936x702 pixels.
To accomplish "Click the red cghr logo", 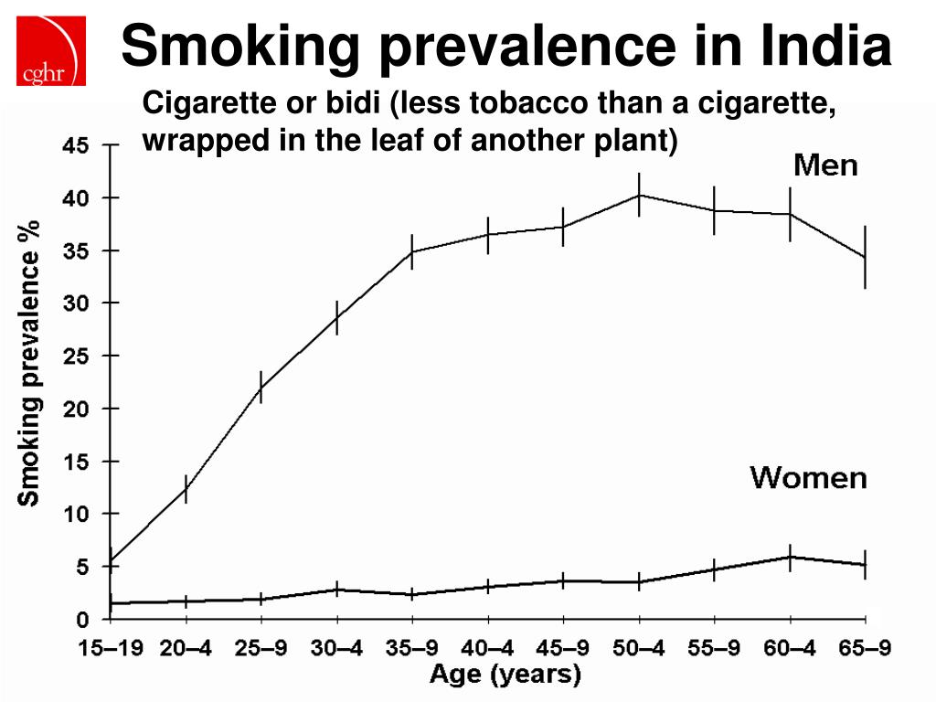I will coord(52,50).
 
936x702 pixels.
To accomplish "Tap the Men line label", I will coord(824,165).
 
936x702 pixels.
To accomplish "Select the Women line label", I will coord(808,477).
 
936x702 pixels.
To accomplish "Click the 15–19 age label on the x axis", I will coord(111,649).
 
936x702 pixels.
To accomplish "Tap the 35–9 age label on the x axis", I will coord(412,649).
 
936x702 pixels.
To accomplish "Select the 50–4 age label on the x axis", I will coord(639,649).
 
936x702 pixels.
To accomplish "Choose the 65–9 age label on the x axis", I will coord(865,649).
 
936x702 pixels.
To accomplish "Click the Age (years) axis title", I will coord(505,675).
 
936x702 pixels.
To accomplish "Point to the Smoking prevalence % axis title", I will coord(30,362).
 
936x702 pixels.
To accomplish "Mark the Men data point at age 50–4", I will coord(639,195).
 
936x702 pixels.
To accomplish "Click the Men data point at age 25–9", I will coord(261,388).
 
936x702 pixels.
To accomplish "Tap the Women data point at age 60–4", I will coord(790,557).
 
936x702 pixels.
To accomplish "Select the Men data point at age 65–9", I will coord(865,258).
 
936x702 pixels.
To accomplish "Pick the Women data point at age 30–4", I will coord(337,590).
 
